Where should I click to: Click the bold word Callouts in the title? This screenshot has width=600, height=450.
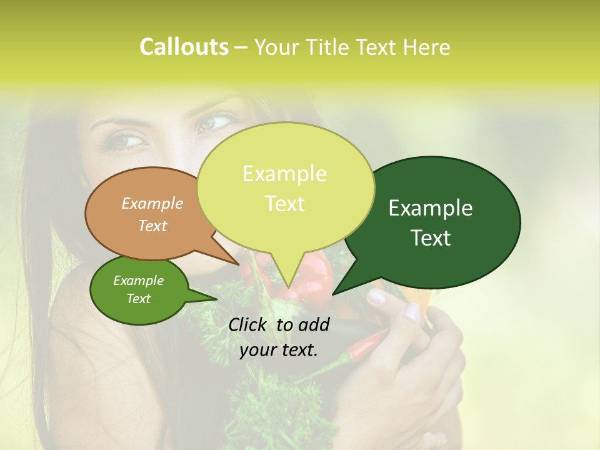(184, 47)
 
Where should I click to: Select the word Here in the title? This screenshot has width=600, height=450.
(427, 47)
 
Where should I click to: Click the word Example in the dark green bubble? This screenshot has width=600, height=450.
(431, 208)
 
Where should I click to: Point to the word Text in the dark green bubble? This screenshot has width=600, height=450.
(431, 238)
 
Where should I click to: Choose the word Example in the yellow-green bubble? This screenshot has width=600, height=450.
(284, 174)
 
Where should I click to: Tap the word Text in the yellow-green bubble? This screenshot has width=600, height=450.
(284, 204)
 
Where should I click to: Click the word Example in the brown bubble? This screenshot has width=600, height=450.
(152, 203)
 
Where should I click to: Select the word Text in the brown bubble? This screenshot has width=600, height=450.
(152, 226)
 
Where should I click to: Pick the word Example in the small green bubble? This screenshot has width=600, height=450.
(138, 281)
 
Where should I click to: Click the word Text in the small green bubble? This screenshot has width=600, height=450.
(138, 299)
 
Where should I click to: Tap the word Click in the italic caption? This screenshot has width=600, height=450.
(249, 324)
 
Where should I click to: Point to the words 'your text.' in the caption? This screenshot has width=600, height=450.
(278, 351)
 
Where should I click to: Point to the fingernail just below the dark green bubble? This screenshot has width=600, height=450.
(377, 296)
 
